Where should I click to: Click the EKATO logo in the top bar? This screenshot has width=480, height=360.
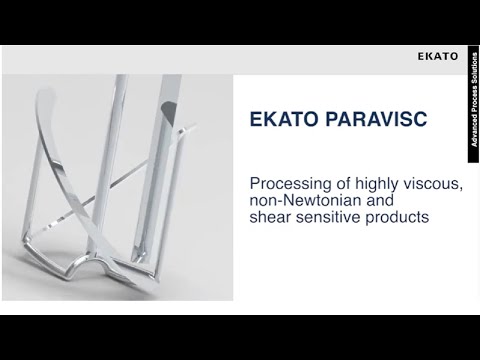(438, 56)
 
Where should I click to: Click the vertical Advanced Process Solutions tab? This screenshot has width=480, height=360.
(474, 100)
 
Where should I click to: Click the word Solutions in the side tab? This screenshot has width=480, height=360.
(474, 68)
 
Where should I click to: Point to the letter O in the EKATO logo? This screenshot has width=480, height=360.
(455, 56)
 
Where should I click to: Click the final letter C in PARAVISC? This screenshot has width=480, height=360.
(420, 120)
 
